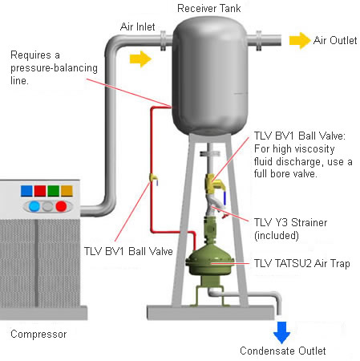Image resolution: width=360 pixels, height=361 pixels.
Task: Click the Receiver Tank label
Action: point(209,8)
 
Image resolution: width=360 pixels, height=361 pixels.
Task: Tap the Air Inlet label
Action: point(138,26)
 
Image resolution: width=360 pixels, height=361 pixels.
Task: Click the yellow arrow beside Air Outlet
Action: point(300,40)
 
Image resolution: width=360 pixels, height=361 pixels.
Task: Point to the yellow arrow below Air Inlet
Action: point(140,59)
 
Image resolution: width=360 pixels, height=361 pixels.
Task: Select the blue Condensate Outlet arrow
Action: point(281,332)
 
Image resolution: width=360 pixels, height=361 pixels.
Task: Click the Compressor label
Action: point(38,335)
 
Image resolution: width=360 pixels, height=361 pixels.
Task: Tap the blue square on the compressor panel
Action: point(26,191)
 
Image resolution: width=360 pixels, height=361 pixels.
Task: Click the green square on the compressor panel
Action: point(54,191)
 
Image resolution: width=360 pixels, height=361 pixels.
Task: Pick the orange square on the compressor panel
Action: point(67,191)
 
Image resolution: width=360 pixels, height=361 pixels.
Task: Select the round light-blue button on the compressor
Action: point(34,206)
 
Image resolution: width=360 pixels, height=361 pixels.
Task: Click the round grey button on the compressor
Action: point(47,206)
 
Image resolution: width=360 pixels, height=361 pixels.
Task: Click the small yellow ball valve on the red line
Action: point(153,178)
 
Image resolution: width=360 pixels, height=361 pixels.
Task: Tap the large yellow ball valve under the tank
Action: point(215,184)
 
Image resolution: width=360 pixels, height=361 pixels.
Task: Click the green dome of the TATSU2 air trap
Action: point(210,261)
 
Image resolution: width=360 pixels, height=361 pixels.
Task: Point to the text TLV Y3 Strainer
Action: point(290,222)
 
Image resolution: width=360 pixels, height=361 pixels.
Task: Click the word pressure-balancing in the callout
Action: point(54,68)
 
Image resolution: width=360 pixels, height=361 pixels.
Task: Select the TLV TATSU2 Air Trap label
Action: point(301,264)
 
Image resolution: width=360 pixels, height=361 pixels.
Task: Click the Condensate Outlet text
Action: point(283,351)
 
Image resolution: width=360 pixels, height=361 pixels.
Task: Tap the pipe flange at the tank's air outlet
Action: point(259,41)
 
